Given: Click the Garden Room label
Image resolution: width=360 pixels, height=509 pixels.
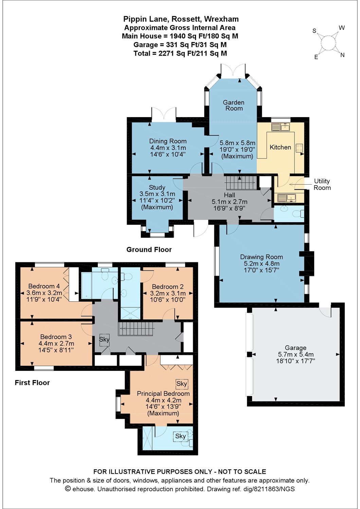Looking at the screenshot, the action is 234,105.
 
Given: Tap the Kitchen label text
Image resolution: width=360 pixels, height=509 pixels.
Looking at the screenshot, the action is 280,147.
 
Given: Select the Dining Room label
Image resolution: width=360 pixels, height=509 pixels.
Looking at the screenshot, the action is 168,141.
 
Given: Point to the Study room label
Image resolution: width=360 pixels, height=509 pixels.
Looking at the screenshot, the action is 157,187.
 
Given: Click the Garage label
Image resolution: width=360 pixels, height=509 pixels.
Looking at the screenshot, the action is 295,348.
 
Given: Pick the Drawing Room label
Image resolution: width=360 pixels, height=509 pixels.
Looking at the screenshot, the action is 262,257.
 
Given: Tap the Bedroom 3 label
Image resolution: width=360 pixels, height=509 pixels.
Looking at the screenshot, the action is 56,337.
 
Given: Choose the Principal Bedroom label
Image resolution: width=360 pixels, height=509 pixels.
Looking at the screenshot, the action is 163,394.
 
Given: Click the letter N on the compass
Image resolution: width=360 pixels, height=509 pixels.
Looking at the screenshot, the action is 342,55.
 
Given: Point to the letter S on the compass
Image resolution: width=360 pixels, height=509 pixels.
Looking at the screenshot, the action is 314,31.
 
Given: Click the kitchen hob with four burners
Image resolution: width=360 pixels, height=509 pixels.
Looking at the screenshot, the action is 299,148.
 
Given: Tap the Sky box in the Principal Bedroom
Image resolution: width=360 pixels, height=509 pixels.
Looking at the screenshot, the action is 182,384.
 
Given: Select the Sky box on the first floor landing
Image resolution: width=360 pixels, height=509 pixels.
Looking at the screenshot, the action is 104,339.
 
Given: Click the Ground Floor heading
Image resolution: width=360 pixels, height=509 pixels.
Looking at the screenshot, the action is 149,249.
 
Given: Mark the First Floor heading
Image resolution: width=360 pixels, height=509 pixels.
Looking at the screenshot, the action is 32,383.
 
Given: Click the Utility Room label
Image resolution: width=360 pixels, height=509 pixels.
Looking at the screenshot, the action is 322,184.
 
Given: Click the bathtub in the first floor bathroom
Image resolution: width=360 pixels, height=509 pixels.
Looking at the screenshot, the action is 86,286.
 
